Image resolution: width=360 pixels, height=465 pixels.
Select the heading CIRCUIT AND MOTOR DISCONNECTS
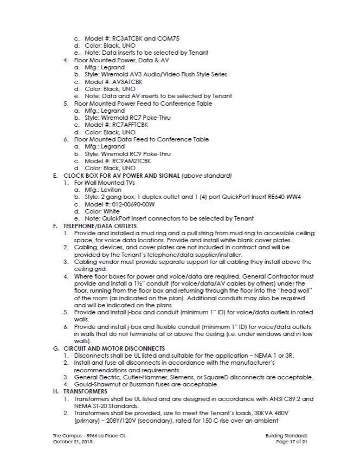(114, 348)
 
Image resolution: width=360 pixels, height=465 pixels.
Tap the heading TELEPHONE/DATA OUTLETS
(100, 225)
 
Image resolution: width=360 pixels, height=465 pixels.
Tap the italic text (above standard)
(207, 176)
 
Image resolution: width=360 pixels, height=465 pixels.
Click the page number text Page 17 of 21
(292, 442)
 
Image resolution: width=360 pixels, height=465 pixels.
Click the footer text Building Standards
(287, 435)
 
